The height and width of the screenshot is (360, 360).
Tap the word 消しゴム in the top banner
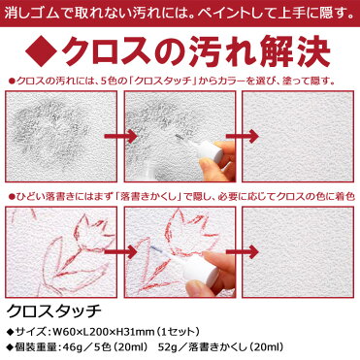point(31,13)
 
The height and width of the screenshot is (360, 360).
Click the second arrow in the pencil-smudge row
point(243,136)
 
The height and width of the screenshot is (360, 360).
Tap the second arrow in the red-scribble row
point(243,252)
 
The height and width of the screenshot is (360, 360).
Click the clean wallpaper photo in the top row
point(298,136)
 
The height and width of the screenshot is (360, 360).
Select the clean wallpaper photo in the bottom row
point(298,252)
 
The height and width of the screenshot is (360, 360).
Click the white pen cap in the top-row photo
point(210,151)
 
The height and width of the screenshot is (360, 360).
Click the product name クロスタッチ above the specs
point(54,311)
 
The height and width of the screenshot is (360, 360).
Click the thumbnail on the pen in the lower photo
point(196,285)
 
